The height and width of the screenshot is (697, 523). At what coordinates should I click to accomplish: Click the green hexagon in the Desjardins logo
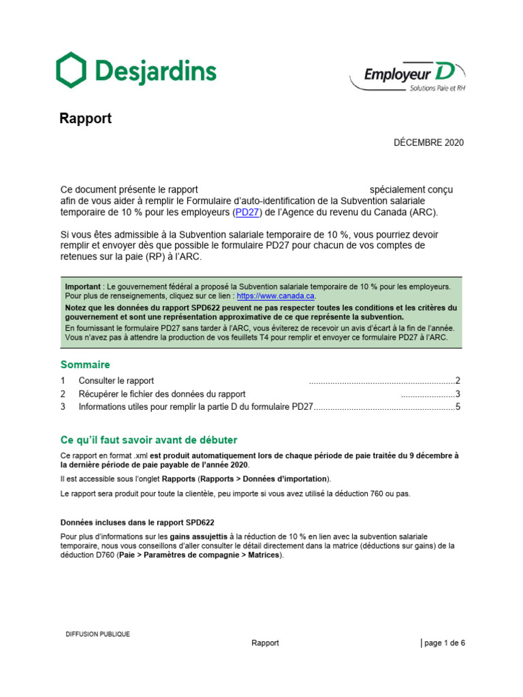(71, 69)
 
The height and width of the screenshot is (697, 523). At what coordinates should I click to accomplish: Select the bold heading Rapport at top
(85, 118)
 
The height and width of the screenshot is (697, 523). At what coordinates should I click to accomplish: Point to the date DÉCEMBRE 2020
(429, 142)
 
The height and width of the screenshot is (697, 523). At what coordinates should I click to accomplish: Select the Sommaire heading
(85, 365)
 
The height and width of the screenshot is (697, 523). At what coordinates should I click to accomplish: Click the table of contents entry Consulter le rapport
(116, 381)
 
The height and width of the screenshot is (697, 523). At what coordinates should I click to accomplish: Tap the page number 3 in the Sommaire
(458, 394)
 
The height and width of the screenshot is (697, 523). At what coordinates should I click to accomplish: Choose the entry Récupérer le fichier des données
(162, 394)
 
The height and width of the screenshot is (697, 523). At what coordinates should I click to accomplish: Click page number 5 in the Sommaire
(458, 407)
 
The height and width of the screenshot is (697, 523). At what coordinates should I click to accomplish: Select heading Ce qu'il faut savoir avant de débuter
(148, 440)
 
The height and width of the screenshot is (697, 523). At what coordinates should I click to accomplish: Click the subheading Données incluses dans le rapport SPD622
(137, 523)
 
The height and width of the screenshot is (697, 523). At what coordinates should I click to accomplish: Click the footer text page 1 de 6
(445, 643)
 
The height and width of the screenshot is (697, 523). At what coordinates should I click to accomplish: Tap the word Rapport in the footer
(265, 643)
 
